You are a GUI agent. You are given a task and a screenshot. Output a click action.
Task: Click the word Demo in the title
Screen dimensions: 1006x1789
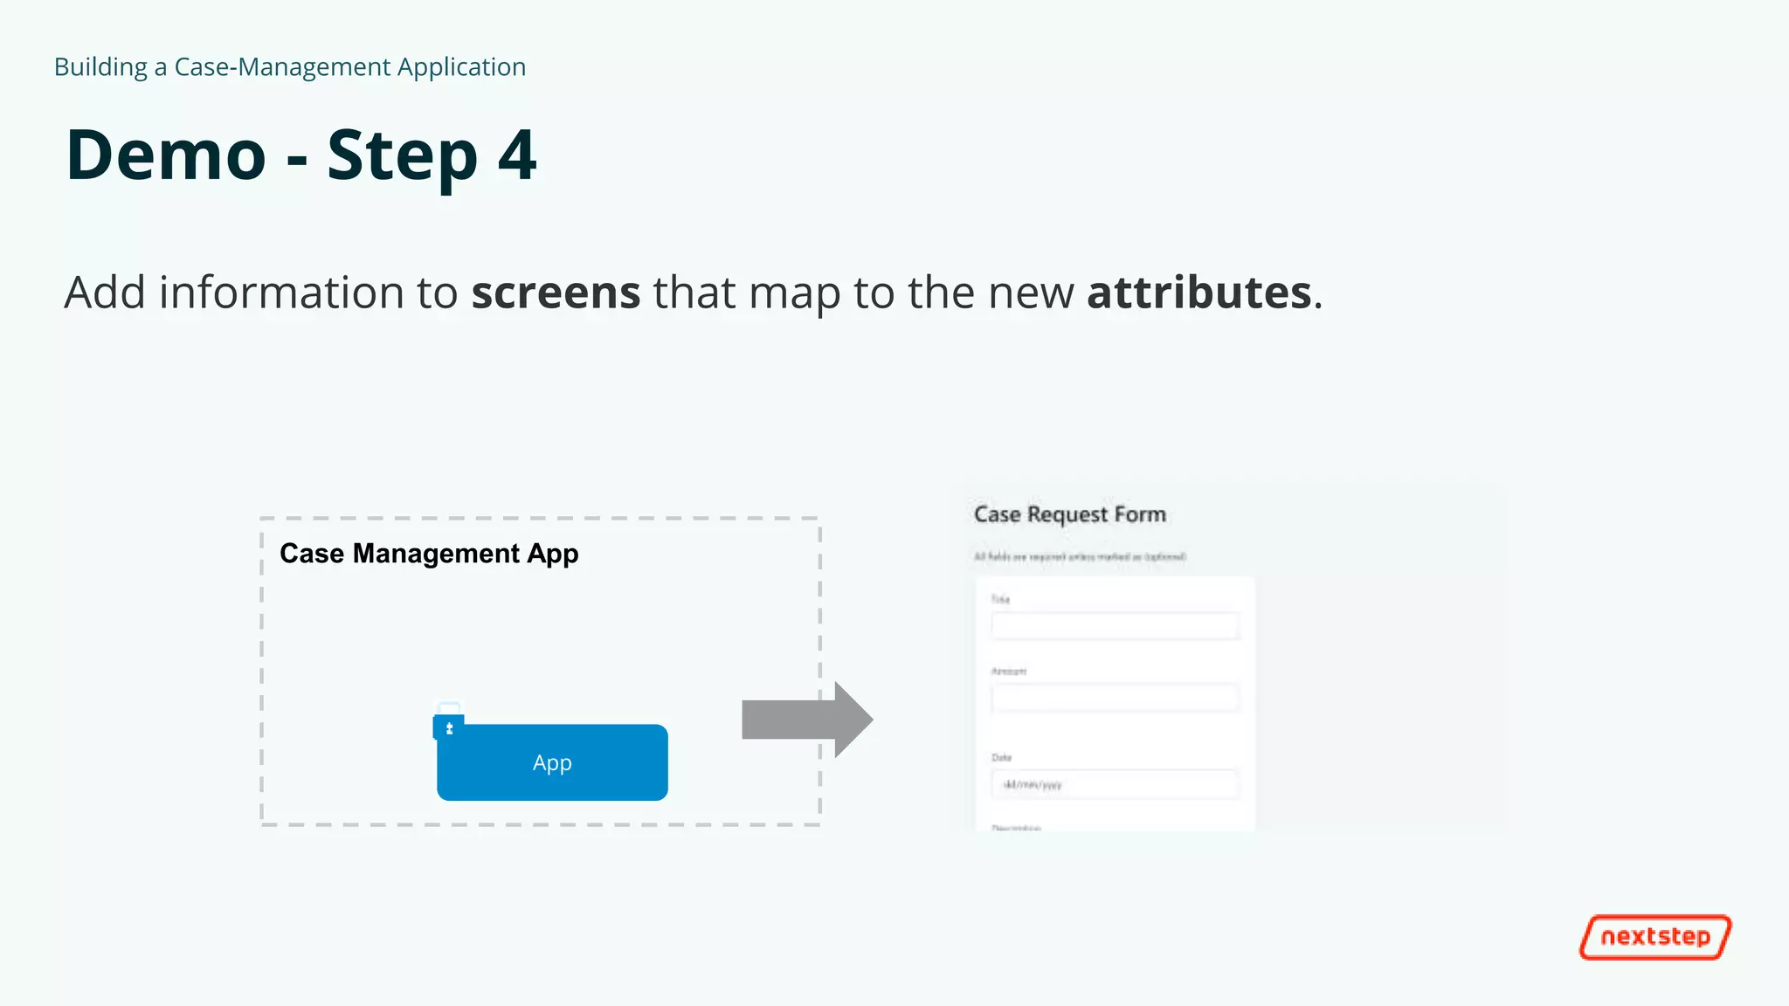click(166, 155)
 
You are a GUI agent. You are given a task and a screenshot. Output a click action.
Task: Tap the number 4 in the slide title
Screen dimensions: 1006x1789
click(517, 155)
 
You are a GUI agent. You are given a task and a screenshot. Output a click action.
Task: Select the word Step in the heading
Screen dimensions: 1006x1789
click(402, 157)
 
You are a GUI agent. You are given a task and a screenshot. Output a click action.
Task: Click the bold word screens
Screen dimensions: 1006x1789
click(556, 292)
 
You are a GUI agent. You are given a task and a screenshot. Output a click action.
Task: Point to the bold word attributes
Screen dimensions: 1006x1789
click(1198, 292)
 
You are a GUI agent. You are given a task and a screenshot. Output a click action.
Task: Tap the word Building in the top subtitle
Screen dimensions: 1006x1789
click(100, 67)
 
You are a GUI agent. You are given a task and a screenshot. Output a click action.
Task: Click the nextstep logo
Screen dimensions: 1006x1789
click(1654, 937)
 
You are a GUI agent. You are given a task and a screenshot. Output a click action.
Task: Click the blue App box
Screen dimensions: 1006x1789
click(552, 762)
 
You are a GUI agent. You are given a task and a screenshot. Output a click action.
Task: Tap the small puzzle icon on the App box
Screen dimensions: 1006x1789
click(449, 727)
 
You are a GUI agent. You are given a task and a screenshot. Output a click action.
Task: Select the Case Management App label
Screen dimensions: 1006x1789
click(429, 554)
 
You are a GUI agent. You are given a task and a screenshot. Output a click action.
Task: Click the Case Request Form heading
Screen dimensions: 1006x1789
click(1069, 514)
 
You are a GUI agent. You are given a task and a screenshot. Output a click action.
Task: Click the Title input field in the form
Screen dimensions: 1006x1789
click(1115, 625)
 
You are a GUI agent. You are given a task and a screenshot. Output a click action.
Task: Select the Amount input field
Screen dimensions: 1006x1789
click(1115, 698)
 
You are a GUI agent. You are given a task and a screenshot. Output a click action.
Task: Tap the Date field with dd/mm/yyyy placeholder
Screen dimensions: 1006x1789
click(1115, 784)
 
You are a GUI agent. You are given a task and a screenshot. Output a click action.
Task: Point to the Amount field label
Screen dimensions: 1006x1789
click(1008, 672)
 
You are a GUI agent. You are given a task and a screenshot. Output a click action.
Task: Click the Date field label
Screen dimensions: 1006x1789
click(1001, 757)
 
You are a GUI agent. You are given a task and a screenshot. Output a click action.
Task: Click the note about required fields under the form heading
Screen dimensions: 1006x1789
click(1080, 556)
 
